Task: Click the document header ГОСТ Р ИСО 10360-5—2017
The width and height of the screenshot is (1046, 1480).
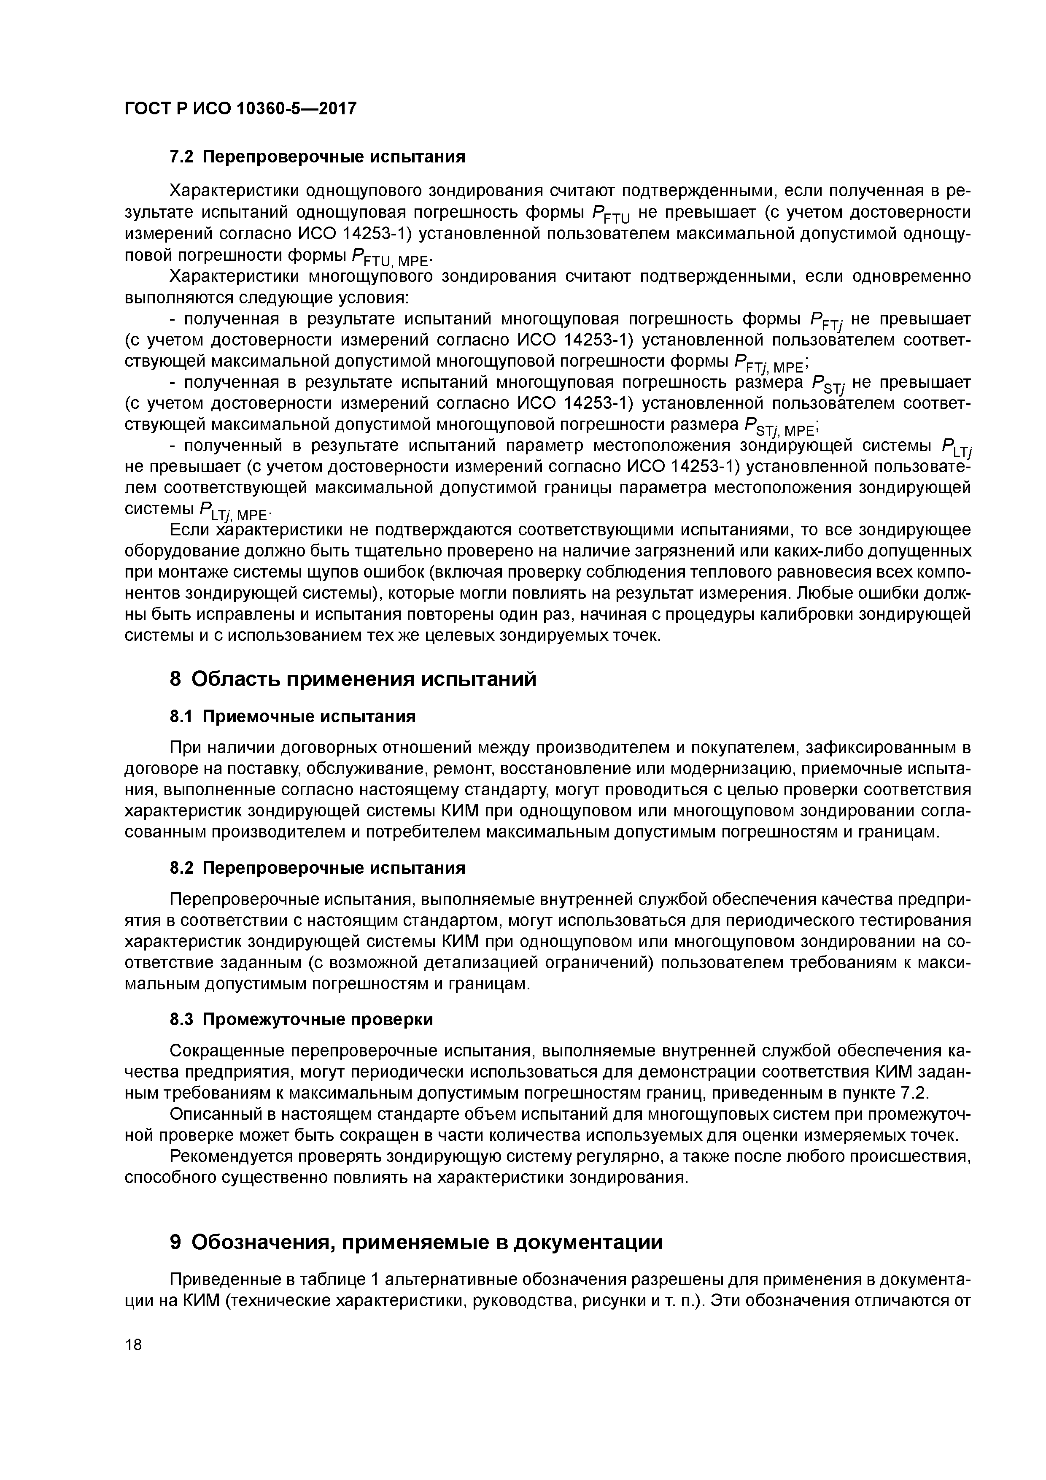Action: click(x=240, y=109)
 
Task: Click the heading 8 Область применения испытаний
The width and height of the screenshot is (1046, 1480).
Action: click(x=353, y=679)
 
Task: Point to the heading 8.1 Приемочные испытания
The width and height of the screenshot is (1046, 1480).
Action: click(x=292, y=716)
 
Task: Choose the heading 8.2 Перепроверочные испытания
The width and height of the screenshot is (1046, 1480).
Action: click(x=317, y=868)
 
